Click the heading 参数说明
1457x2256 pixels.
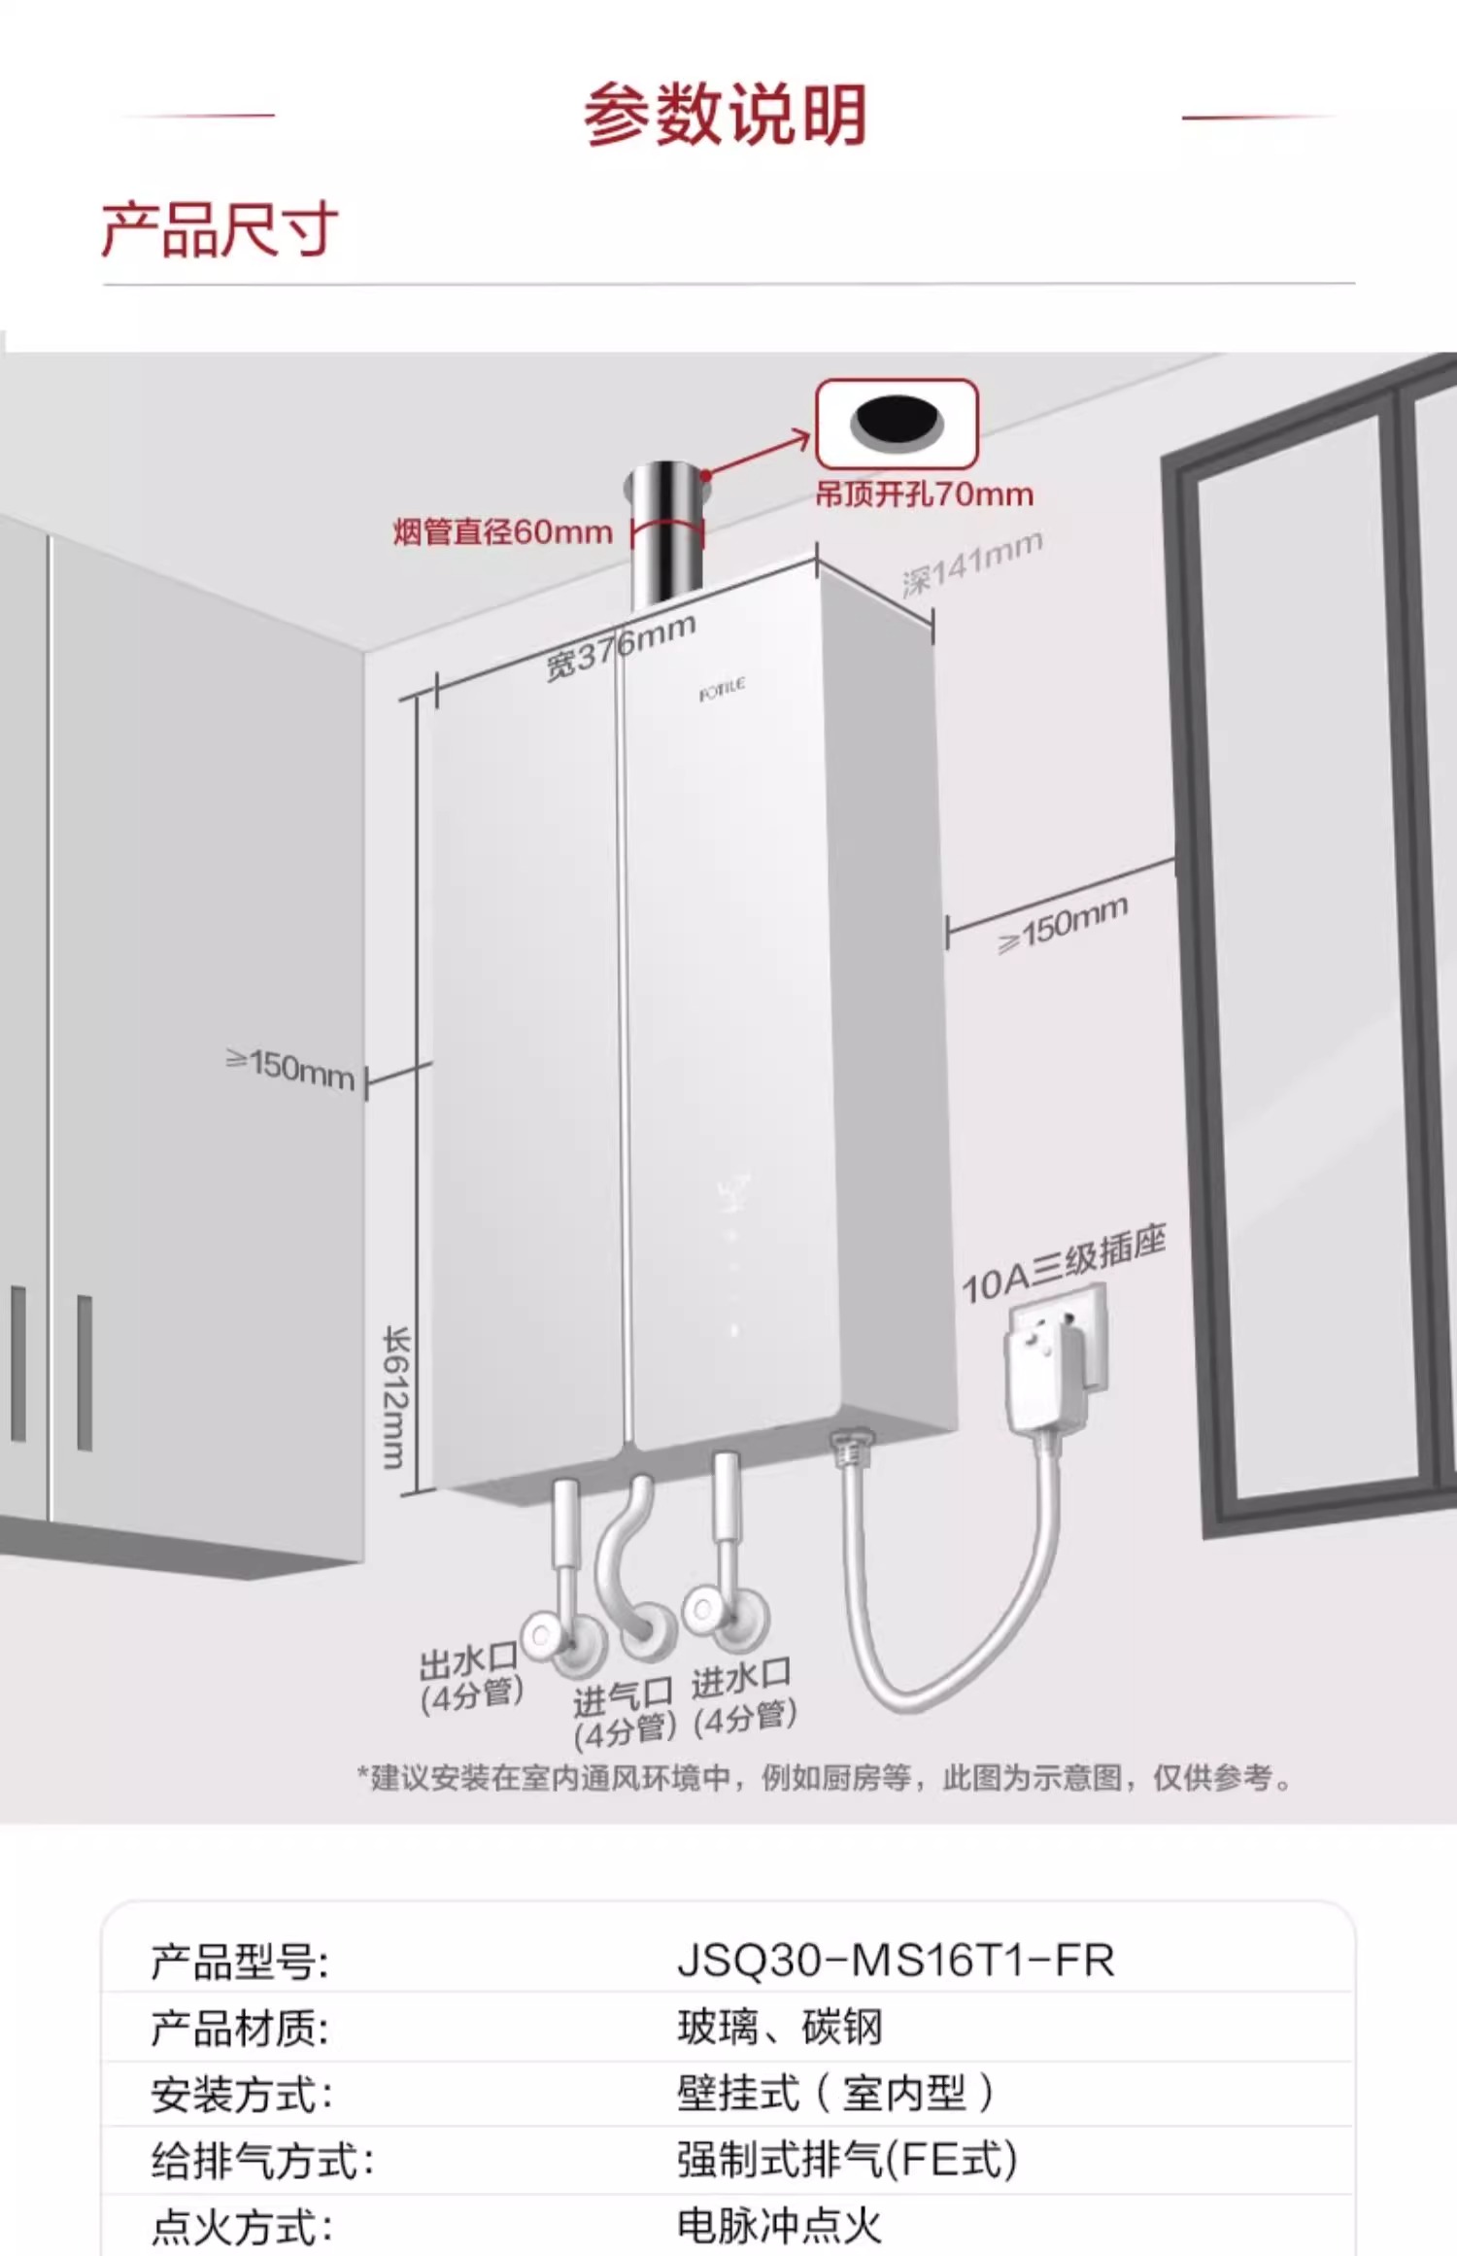pos(725,116)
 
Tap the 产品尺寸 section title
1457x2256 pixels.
pos(220,230)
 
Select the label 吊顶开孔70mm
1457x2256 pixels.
pos(924,496)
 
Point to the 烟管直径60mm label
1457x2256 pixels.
pos(502,532)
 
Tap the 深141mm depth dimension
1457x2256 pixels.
pos(971,564)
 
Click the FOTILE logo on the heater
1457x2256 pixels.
pos(722,691)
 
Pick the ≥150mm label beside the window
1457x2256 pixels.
pos(1064,924)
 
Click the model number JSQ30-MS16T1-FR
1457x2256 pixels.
pos(896,1961)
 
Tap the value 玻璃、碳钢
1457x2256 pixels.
pos(780,2027)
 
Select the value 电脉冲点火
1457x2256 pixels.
pos(779,2225)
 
